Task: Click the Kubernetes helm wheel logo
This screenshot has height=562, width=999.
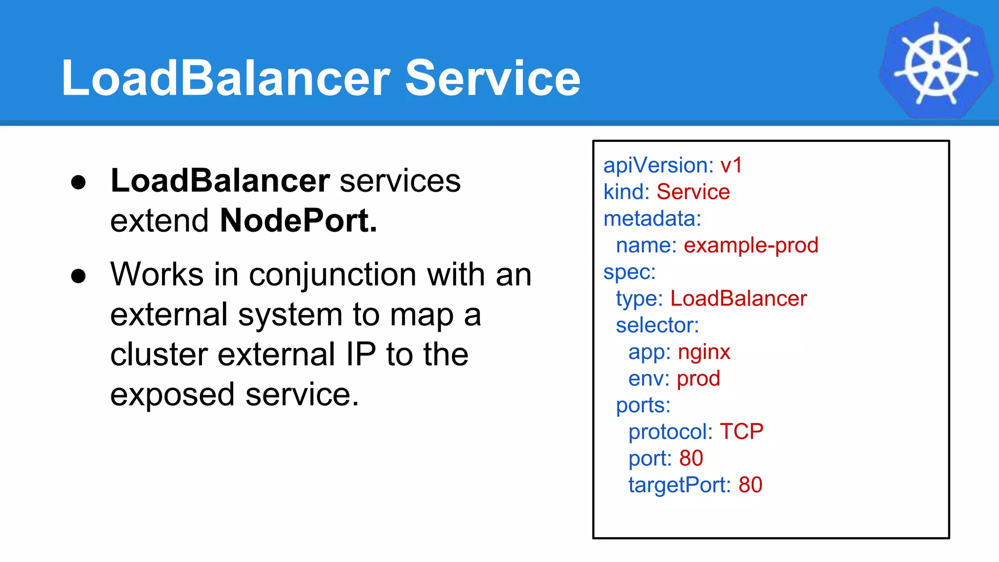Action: [936, 63]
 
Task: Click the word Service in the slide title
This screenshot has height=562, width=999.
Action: [493, 78]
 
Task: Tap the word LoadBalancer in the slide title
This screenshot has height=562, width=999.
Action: [225, 78]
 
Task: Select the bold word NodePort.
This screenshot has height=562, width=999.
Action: [298, 221]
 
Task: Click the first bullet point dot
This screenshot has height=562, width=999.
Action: [78, 182]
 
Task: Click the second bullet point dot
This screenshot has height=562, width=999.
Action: [78, 276]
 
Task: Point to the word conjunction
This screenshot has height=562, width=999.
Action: [333, 275]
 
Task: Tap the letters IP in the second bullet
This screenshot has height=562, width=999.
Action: [361, 354]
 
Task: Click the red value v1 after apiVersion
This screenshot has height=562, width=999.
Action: [731, 165]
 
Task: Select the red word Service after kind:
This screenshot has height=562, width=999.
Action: [693, 192]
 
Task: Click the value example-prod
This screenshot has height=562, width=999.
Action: [751, 245]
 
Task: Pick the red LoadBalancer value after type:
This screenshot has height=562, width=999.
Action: [739, 299]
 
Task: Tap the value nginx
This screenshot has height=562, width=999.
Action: [704, 352]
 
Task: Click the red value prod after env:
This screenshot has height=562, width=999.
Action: [698, 379]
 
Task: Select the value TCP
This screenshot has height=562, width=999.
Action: [741, 432]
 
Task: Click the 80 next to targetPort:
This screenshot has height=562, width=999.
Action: [750, 485]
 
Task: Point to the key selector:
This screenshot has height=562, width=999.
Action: [657, 325]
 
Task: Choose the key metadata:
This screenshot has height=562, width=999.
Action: [652, 219]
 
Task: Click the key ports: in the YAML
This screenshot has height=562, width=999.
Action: [643, 405]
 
